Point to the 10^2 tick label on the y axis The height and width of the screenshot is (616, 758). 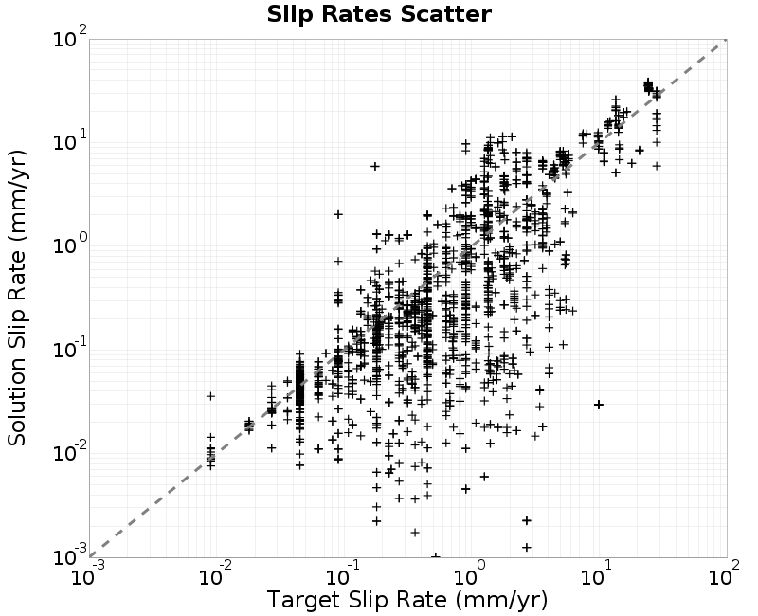(x=69, y=40)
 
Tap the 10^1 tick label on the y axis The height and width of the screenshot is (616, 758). (x=69, y=143)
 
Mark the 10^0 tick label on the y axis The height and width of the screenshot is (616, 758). (x=69, y=246)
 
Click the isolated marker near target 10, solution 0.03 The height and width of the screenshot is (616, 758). (x=599, y=405)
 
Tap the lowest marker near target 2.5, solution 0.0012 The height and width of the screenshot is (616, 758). (x=526, y=547)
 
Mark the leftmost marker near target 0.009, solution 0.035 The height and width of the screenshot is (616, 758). (x=210, y=395)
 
